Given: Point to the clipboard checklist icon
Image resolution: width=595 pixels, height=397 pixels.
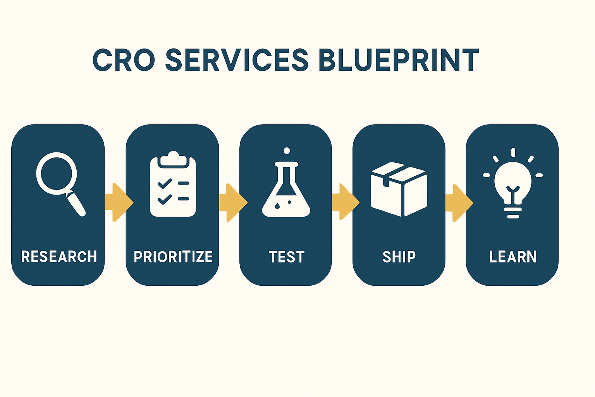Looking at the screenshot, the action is pos(173,184).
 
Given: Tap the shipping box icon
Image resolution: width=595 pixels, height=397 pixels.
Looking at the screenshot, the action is pos(399,189).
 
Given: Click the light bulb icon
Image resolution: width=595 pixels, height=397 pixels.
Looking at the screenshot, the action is pos(513,183).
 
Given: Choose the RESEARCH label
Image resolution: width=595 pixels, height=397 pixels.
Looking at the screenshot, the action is pos(59,257).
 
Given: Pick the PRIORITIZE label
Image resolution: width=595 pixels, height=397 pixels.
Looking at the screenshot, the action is pos(173,257).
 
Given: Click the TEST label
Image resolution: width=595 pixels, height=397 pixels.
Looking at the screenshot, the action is pos(287,257).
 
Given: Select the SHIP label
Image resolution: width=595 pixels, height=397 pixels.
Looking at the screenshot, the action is pos(399,257).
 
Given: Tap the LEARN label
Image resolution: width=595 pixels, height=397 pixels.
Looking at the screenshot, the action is pos(512,257).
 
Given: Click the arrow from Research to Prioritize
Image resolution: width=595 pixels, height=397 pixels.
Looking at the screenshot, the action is pos(119,202).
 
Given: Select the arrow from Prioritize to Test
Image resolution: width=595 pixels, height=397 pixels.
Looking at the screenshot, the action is pos(233,202).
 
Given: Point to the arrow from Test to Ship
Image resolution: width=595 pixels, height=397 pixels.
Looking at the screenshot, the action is pos(346,202).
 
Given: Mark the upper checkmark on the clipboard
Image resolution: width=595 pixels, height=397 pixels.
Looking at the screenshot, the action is pos(165,183).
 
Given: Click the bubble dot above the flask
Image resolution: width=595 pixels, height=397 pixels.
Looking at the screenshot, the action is pos(287,151).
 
